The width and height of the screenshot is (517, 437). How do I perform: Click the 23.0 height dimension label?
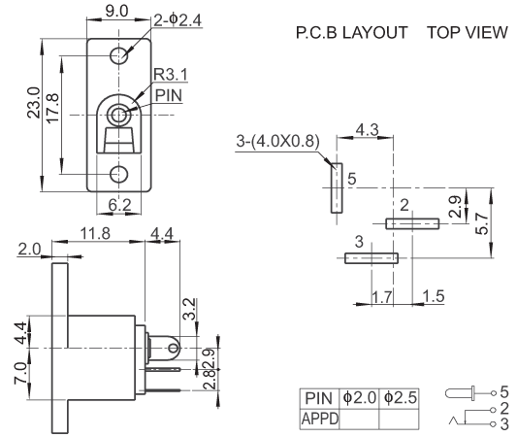(x=33, y=103)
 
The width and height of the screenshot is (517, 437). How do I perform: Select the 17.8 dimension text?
(x=52, y=109)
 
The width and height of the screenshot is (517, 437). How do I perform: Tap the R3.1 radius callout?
(x=171, y=75)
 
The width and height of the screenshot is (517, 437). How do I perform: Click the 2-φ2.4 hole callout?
(x=178, y=20)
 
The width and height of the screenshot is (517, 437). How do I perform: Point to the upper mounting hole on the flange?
(x=118, y=55)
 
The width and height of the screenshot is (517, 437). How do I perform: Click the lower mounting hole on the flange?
(x=118, y=174)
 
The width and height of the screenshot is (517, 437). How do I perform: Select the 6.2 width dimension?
(x=119, y=205)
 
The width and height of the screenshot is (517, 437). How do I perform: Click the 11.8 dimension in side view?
(x=96, y=233)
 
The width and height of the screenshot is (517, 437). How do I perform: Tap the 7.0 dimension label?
(x=20, y=373)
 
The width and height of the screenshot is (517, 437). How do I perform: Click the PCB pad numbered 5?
(x=337, y=188)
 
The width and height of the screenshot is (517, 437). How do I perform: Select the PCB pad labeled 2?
(x=412, y=223)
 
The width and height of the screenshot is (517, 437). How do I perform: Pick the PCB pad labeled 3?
(x=372, y=258)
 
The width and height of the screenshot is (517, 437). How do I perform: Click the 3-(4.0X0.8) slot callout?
(x=277, y=141)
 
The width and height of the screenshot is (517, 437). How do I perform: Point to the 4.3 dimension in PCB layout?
(x=367, y=129)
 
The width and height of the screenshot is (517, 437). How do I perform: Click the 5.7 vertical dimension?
(x=481, y=223)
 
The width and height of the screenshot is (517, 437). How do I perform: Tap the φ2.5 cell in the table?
(x=400, y=397)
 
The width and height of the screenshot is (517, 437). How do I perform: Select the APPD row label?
(x=320, y=419)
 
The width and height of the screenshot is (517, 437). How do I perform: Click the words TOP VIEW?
(x=468, y=32)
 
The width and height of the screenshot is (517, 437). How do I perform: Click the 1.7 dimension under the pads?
(x=382, y=297)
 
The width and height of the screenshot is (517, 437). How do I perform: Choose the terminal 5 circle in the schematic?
(x=494, y=393)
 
